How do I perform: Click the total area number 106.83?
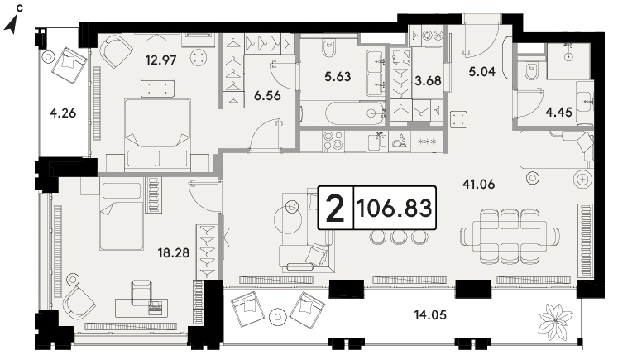point(395,208)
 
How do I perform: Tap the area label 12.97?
point(160,60)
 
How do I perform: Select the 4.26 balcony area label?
point(63,113)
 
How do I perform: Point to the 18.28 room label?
point(174,252)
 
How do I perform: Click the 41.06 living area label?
point(478,185)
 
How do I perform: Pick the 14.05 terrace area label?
point(430,315)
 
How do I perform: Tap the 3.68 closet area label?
point(428,81)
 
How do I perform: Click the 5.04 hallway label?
point(482,72)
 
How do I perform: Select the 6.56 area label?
point(267,95)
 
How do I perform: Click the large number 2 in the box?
point(335,209)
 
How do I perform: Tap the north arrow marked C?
point(12,24)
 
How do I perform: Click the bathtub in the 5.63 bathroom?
point(354,113)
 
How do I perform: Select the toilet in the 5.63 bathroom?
point(328,48)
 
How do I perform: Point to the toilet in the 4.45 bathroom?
point(532,71)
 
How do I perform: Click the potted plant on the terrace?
point(555,319)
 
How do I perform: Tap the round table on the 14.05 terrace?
point(277,317)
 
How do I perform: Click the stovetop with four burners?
point(333,142)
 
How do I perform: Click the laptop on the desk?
point(156,307)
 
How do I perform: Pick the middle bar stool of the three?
point(399,237)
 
